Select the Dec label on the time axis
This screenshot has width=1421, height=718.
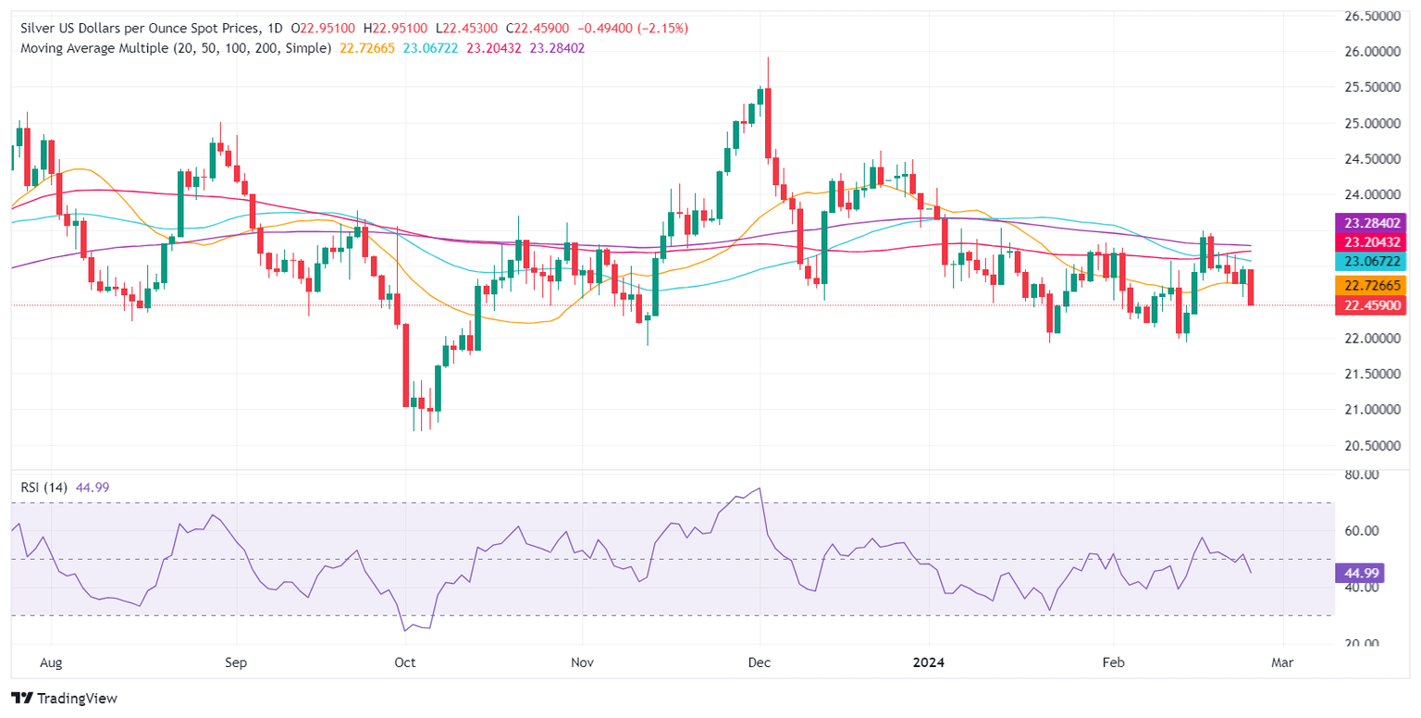click(x=760, y=662)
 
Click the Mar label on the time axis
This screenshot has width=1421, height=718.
click(x=1282, y=662)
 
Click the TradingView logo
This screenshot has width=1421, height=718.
click(x=65, y=698)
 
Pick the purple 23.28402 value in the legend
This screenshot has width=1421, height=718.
click(x=557, y=47)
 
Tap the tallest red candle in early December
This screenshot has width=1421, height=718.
click(x=769, y=122)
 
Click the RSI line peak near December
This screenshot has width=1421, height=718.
click(x=760, y=488)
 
